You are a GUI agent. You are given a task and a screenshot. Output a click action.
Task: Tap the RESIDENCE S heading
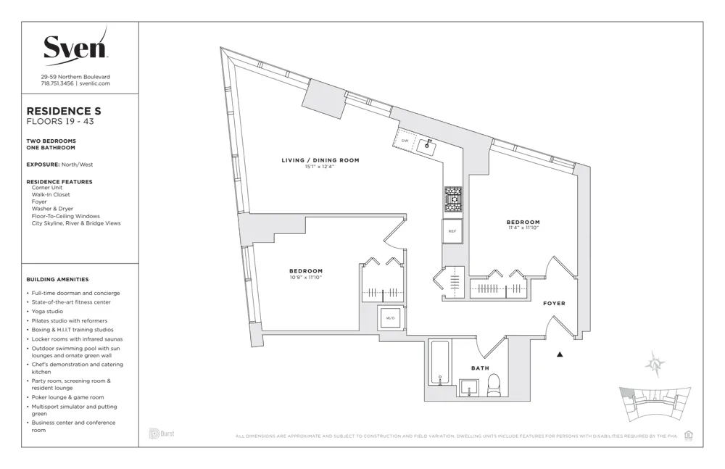click(64, 111)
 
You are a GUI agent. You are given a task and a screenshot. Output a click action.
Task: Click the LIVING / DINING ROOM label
click(320, 160)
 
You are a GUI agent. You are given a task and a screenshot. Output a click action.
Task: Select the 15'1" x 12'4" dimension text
click(320, 167)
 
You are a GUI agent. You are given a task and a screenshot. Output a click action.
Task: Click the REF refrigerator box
click(452, 231)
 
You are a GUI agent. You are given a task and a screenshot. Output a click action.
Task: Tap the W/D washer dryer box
click(389, 317)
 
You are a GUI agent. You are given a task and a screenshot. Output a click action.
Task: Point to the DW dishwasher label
click(405, 141)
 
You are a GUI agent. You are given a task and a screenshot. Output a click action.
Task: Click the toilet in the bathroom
click(494, 385)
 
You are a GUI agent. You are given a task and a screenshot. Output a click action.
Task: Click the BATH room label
click(480, 368)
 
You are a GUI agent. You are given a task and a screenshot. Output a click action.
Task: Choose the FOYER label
click(554, 303)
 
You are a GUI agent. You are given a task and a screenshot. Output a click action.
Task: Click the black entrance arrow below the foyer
click(560, 354)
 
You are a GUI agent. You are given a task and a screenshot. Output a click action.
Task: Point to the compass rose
click(655, 364)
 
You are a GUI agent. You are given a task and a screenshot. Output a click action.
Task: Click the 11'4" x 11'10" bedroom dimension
click(523, 228)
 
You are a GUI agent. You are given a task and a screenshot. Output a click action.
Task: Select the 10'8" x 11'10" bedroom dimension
click(305, 277)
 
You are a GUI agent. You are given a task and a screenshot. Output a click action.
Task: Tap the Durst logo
click(161, 433)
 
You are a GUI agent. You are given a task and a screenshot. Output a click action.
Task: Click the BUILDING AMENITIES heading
click(57, 279)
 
